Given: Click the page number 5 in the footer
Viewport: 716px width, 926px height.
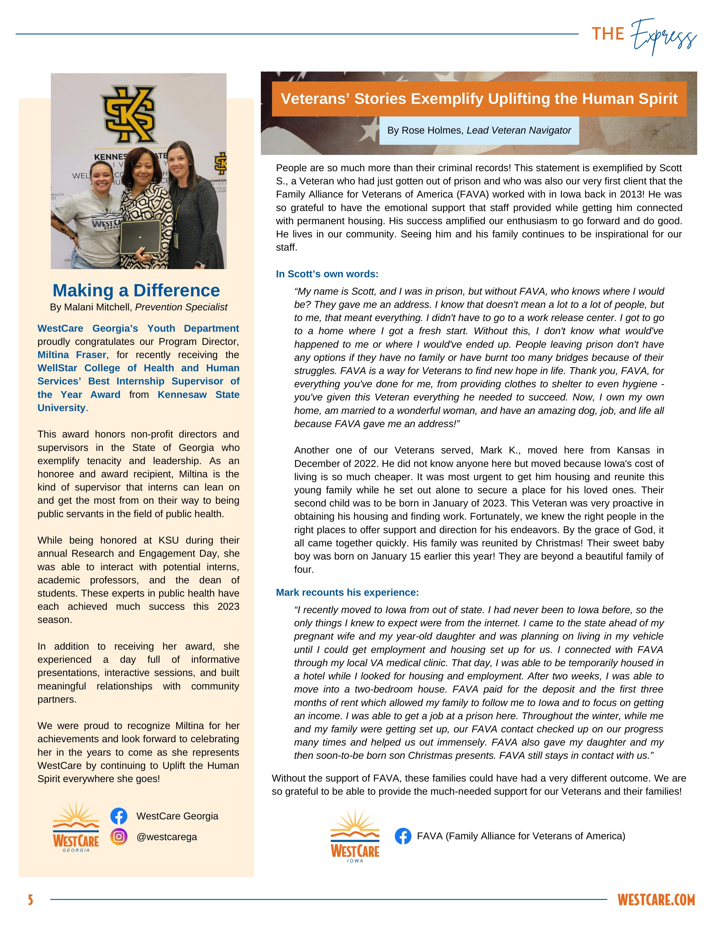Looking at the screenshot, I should coord(31,900).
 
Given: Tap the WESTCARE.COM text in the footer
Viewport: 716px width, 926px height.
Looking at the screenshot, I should coord(656,900).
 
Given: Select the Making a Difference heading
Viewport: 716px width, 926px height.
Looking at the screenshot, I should coord(136,290).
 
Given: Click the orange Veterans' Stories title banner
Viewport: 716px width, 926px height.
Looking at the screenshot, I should coord(479,99).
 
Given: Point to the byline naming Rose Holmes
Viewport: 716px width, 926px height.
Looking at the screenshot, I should coord(479,130).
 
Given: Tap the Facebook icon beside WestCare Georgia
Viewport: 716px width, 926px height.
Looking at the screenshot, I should coord(119,816).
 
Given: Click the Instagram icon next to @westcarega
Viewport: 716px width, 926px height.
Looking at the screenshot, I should coord(119,836).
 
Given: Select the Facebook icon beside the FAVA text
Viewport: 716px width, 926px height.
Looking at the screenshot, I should coord(403,836).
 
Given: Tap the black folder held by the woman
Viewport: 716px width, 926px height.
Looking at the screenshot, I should coord(140,237).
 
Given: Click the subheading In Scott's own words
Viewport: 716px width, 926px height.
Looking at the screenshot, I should coord(327,274).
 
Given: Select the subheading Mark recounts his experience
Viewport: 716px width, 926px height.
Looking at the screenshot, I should coord(347,592).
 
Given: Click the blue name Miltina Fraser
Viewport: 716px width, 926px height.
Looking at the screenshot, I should coord(72,355).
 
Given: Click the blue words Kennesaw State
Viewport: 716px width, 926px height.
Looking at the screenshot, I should coord(198,395).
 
